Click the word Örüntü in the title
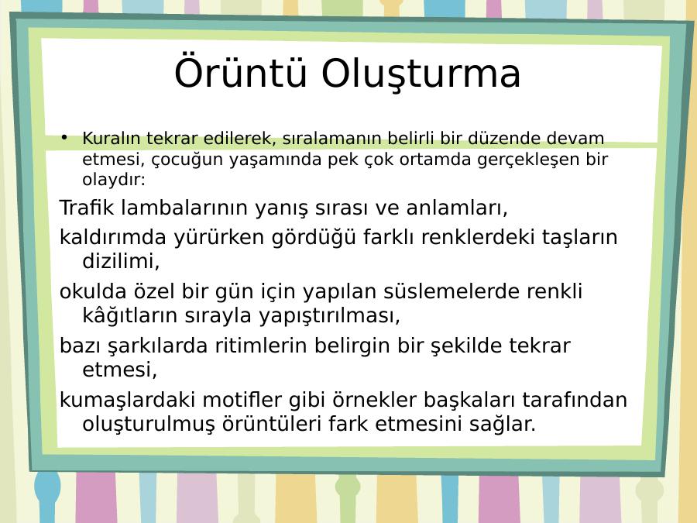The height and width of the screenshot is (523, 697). [241, 71]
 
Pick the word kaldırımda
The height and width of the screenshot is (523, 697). [113, 237]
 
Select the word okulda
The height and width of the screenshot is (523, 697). [93, 292]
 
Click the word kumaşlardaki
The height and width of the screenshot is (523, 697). [128, 401]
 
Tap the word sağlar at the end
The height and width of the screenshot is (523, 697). [503, 425]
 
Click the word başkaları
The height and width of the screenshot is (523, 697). [469, 401]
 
